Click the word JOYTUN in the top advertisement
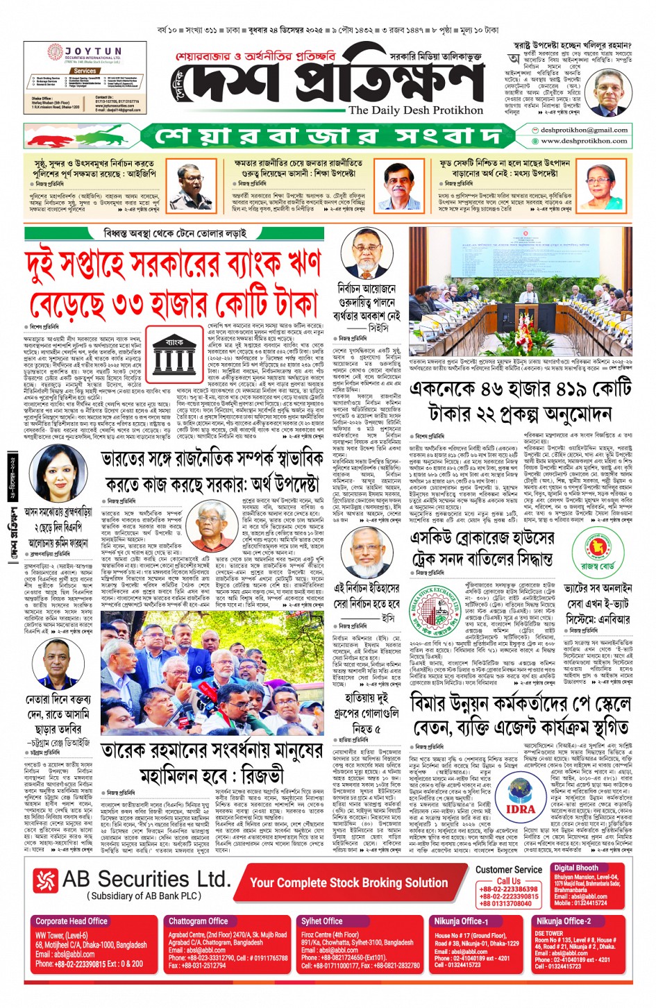point(93,51)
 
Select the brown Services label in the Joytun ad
point(85,71)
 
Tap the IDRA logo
point(520,796)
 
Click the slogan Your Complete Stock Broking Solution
point(349,882)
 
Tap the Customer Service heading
point(509,869)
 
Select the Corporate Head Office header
point(72,921)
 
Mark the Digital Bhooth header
point(575,867)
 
